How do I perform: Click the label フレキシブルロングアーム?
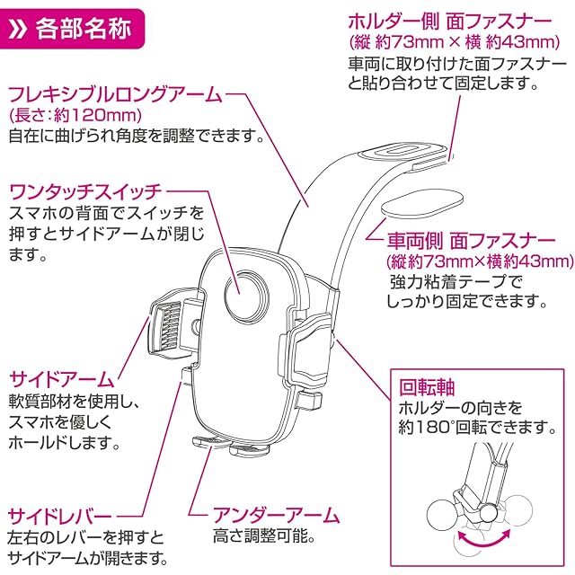[114, 95]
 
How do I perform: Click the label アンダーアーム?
[276, 516]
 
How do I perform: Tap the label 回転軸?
[428, 390]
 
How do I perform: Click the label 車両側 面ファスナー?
[473, 241]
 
